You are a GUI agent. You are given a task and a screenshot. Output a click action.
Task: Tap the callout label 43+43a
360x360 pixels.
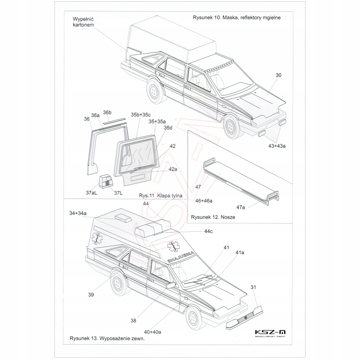[x=276, y=146]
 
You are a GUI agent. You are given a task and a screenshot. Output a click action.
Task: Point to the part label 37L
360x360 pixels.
[x=118, y=193]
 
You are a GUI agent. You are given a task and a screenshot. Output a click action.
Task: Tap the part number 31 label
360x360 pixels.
[x=253, y=287]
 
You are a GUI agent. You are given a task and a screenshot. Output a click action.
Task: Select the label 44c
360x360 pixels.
[x=208, y=231]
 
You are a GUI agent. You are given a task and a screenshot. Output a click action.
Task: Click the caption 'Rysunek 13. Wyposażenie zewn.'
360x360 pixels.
[x=107, y=338]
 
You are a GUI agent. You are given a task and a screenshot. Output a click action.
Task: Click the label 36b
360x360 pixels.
[x=107, y=112]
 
